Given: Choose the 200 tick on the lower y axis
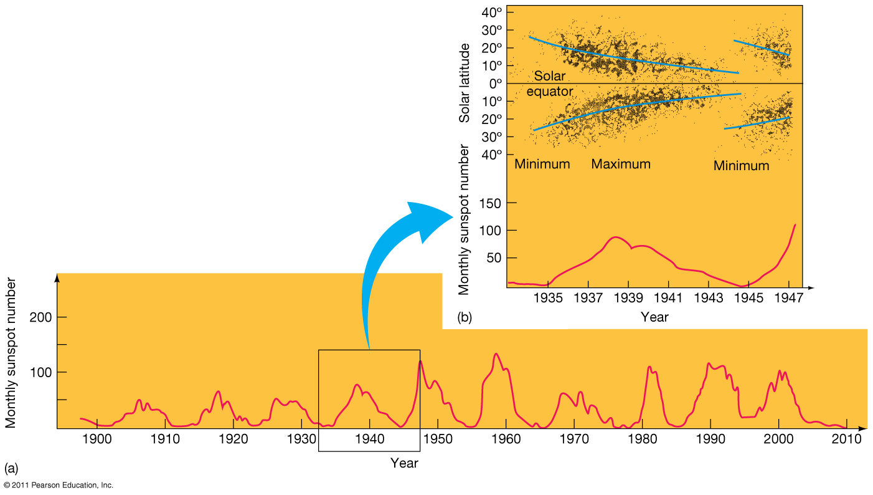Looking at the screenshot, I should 40,317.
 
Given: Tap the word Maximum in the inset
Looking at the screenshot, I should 621,164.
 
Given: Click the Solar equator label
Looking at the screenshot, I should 550,84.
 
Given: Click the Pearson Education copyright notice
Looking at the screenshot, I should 59,485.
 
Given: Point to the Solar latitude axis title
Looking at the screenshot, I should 464,91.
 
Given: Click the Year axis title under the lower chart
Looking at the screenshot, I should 404,463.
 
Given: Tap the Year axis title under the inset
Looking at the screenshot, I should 654,317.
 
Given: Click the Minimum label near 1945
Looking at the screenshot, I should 741,166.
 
